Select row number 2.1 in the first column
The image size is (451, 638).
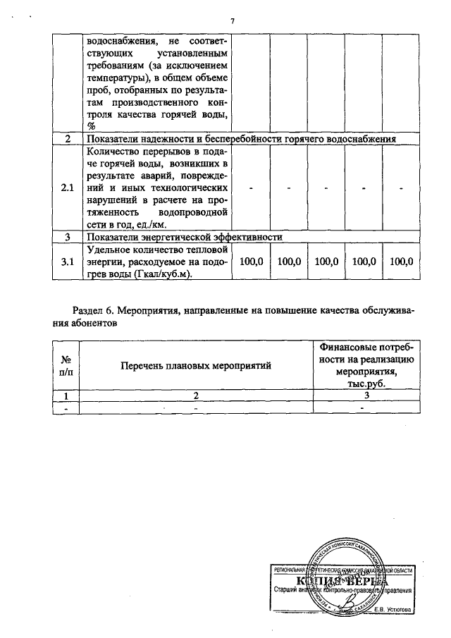(x=67, y=188)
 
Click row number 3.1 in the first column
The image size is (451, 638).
(x=67, y=262)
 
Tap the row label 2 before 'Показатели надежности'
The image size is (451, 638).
(x=67, y=140)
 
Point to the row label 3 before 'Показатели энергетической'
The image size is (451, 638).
(x=67, y=238)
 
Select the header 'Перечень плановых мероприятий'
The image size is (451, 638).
(x=196, y=364)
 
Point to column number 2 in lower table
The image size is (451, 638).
(x=196, y=396)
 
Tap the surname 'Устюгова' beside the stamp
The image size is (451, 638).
(x=397, y=610)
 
